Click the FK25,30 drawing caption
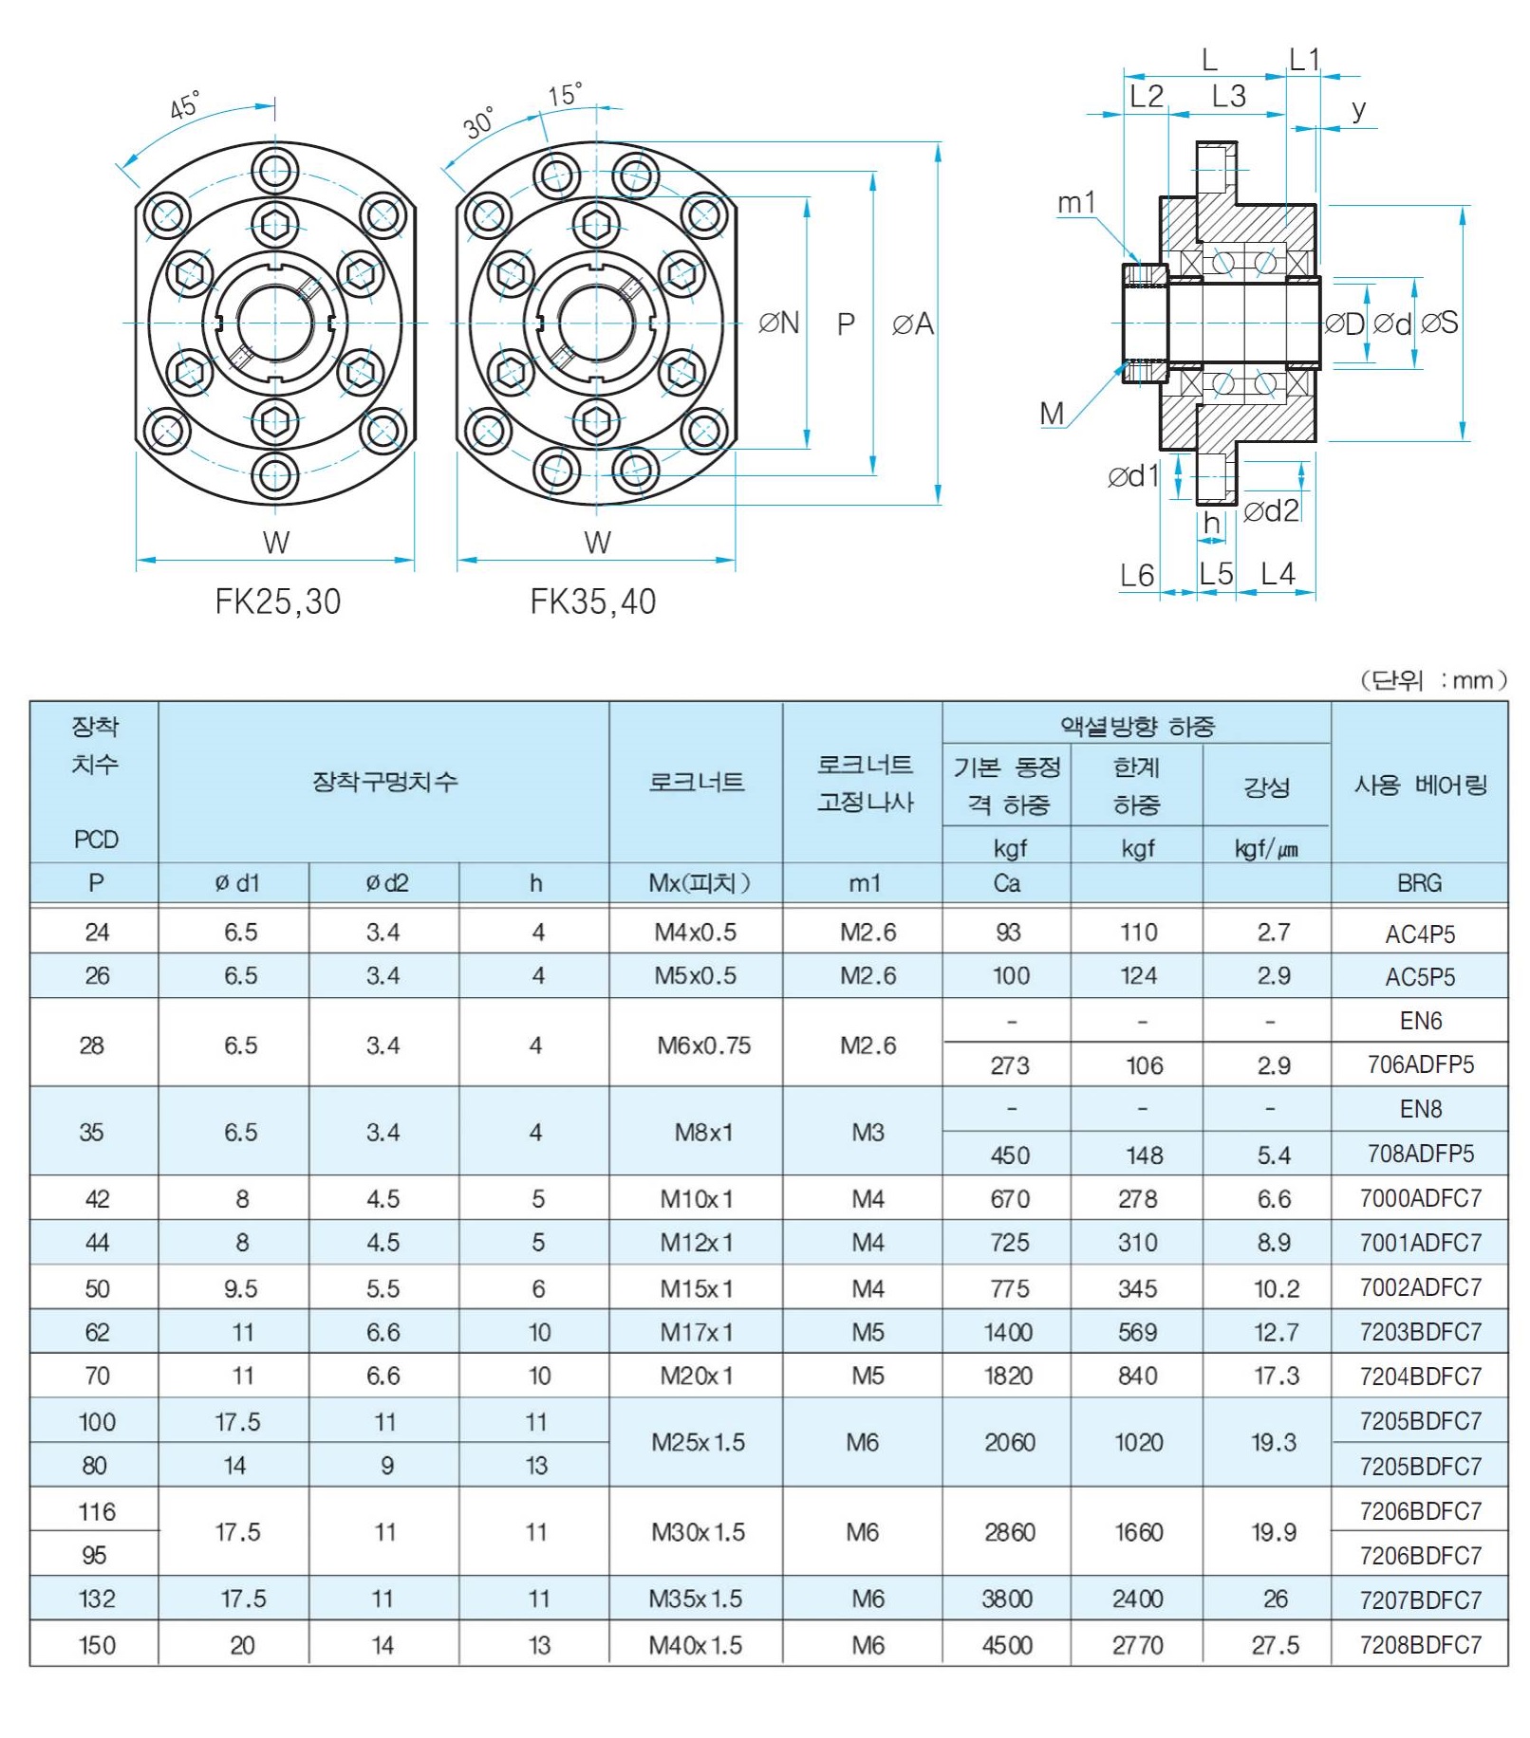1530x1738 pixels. point(277,601)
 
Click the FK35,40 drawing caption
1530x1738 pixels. point(592,601)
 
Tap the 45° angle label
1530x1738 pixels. point(186,105)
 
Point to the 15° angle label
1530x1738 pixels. point(565,95)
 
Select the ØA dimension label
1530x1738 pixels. point(913,324)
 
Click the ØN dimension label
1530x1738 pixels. point(779,324)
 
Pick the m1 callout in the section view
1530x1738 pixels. point(1076,202)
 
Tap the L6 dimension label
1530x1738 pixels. point(1137,575)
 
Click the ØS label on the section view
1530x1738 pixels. point(1440,324)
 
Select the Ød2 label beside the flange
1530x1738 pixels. point(1271,511)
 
